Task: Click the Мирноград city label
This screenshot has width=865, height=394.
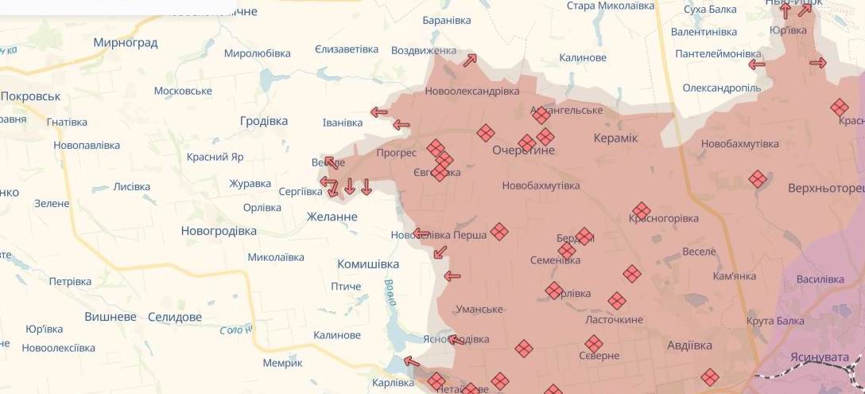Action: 125,42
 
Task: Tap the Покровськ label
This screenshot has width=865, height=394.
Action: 30,96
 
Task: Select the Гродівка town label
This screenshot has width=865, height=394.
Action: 264,121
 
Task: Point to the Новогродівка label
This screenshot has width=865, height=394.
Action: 219,231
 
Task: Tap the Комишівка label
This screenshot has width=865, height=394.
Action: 368,263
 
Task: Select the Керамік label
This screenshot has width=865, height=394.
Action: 615,138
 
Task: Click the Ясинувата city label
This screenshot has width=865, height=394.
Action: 819,357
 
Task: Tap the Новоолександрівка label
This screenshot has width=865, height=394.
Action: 471,91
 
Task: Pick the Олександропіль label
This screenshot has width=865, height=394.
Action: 721,88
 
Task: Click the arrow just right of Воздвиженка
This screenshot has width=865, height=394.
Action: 470,60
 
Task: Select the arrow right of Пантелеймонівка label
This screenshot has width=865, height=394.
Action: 757,64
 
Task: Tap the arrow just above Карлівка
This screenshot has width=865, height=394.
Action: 411,362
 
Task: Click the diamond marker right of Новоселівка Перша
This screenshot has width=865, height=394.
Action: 499,232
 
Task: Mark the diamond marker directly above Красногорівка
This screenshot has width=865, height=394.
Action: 642,211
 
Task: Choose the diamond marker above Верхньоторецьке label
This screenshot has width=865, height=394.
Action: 758,179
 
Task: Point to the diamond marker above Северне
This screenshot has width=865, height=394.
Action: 594,344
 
